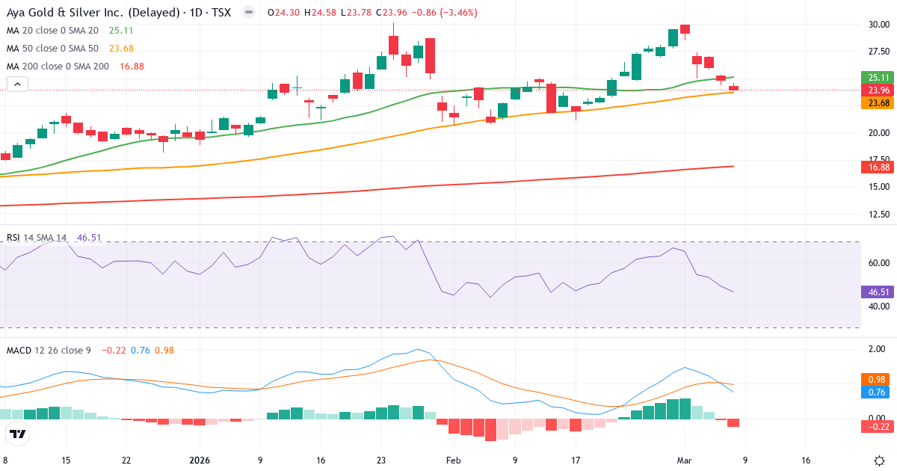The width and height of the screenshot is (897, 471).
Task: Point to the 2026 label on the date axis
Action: (x=200, y=461)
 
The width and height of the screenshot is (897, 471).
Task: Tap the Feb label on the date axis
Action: (x=454, y=461)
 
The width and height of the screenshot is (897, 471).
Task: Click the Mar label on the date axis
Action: (x=684, y=461)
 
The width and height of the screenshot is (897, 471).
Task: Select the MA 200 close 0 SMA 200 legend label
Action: (x=58, y=67)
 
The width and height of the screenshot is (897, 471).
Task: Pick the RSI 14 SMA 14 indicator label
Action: (x=37, y=238)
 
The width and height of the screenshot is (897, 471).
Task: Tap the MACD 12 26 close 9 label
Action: (x=49, y=350)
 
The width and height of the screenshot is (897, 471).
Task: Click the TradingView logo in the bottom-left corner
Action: (x=18, y=434)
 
